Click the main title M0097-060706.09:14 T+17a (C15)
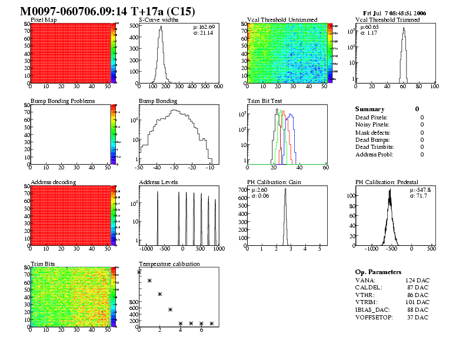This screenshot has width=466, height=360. pyautogui.click(x=107, y=11)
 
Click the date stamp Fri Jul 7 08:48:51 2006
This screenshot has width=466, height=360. pyautogui.click(x=395, y=12)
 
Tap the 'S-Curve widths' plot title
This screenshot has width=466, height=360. pyautogui.click(x=157, y=20)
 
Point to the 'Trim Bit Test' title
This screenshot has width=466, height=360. pyautogui.click(x=262, y=101)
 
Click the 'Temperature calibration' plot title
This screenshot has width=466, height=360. pyautogui.click(x=169, y=264)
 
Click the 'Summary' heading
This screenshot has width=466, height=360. pyautogui.click(x=370, y=109)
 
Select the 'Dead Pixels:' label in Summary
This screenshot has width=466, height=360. pyautogui.click(x=372, y=117)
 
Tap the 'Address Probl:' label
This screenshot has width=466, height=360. pyautogui.click(x=374, y=154)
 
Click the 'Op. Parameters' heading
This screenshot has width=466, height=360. pyautogui.click(x=378, y=272)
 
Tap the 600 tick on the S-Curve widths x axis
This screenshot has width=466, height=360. pyautogui.click(x=218, y=86)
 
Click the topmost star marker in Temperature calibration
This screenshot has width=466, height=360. pyautogui.click(x=139, y=272)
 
